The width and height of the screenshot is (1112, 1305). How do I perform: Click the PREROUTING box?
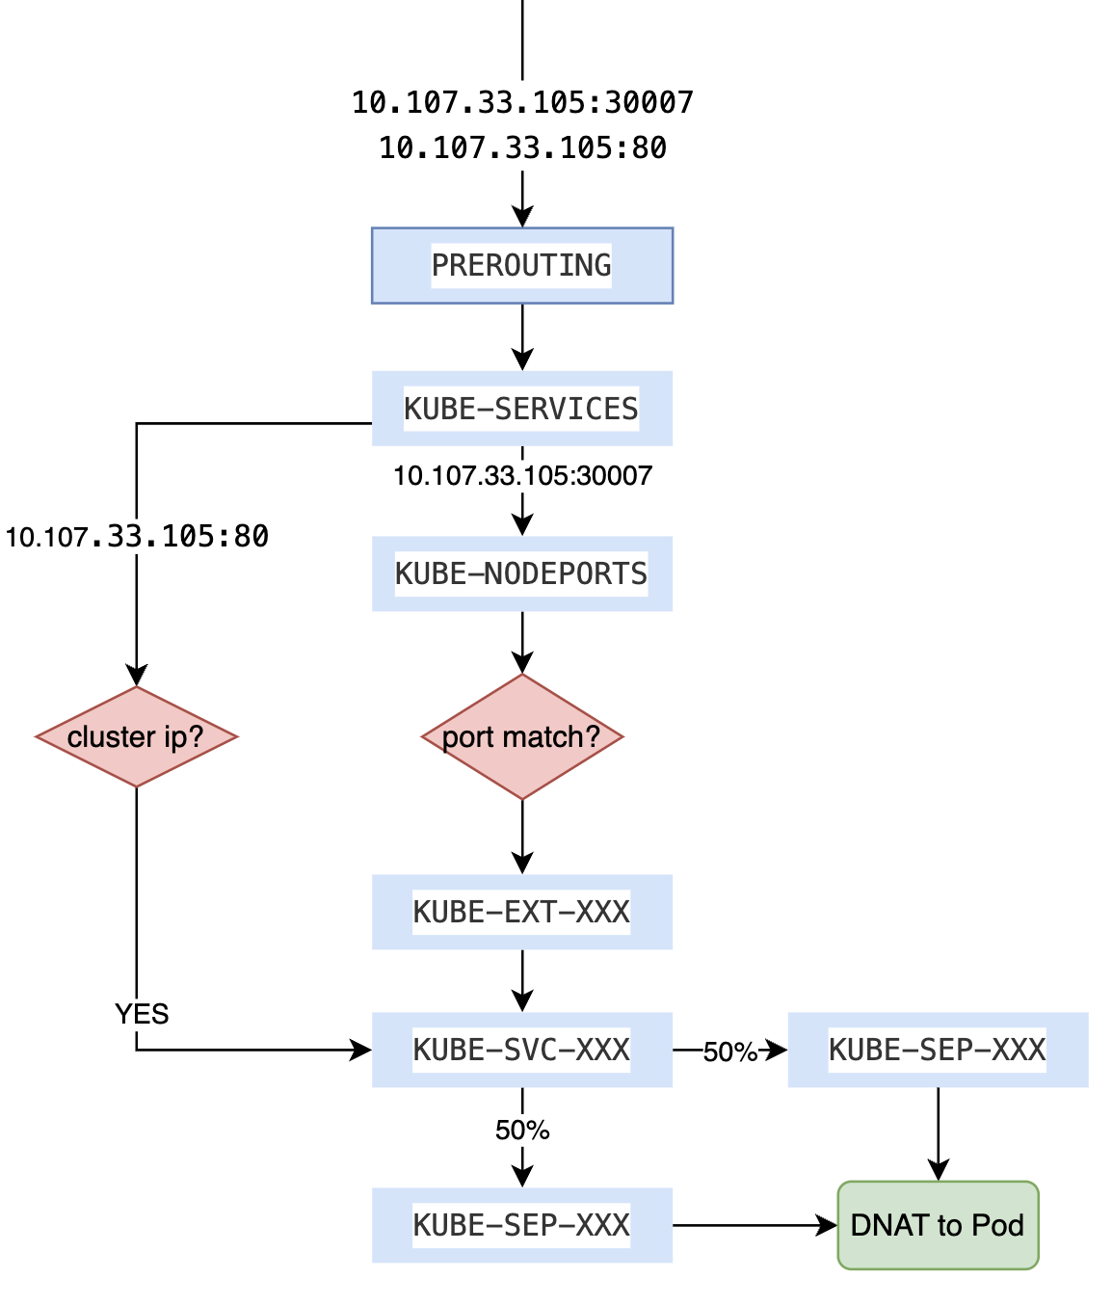[521, 265]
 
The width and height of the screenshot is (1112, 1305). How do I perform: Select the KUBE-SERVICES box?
[521, 409]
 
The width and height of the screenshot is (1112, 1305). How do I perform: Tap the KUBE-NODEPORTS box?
[521, 573]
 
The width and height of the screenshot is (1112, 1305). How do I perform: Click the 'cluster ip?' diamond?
[136, 736]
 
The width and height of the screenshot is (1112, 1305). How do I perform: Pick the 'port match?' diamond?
[521, 736]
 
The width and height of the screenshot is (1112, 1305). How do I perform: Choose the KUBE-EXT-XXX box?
[521, 912]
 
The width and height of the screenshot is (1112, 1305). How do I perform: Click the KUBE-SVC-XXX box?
[521, 1050]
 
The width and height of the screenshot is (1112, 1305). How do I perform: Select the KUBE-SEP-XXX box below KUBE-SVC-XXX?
[521, 1225]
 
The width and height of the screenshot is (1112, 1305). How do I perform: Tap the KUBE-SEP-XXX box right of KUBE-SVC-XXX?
[938, 1050]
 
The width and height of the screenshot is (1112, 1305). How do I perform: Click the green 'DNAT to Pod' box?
[938, 1225]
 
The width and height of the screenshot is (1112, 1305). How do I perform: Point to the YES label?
[142, 1014]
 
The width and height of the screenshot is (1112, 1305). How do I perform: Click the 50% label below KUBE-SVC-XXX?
[521, 1130]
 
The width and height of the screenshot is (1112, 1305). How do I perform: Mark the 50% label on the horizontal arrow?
[729, 1052]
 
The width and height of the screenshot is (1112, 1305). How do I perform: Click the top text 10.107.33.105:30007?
[521, 102]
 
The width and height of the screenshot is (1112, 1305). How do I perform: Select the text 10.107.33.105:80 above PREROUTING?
[521, 148]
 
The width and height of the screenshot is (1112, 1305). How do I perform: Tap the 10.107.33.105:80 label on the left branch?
[137, 537]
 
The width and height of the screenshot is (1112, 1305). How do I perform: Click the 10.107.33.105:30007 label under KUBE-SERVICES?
[521, 475]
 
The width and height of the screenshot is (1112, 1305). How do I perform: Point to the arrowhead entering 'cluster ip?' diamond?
[137, 676]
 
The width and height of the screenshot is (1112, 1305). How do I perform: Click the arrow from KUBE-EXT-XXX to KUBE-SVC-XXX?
[521, 981]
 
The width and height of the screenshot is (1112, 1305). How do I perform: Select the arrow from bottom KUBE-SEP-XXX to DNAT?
[752, 1225]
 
